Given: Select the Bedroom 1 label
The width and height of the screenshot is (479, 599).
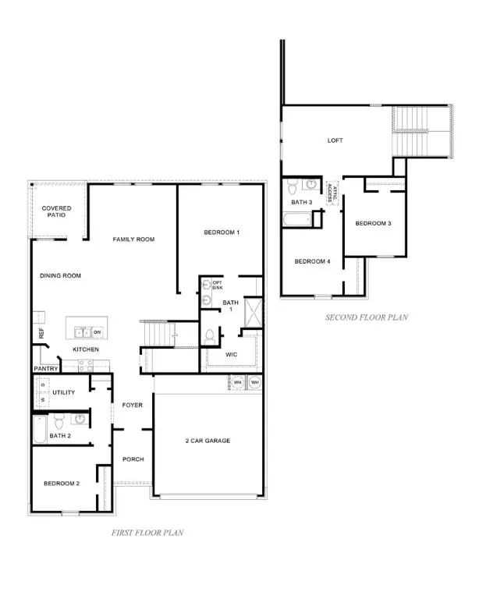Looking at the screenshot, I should point(222,232).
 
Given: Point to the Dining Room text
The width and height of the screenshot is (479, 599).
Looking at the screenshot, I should point(61,275).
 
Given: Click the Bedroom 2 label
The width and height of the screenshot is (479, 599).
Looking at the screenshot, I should point(61,484).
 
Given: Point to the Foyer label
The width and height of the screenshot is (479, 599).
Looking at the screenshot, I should point(131,405).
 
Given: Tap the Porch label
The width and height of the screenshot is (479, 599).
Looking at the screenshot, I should point(133,459).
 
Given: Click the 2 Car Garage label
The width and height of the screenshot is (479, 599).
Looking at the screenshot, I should point(208,441).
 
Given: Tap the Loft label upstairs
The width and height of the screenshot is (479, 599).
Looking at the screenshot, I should point(335,141).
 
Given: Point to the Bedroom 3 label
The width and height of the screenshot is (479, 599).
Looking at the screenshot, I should point(373,224).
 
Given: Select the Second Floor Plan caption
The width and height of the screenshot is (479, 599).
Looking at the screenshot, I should point(367,317).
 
